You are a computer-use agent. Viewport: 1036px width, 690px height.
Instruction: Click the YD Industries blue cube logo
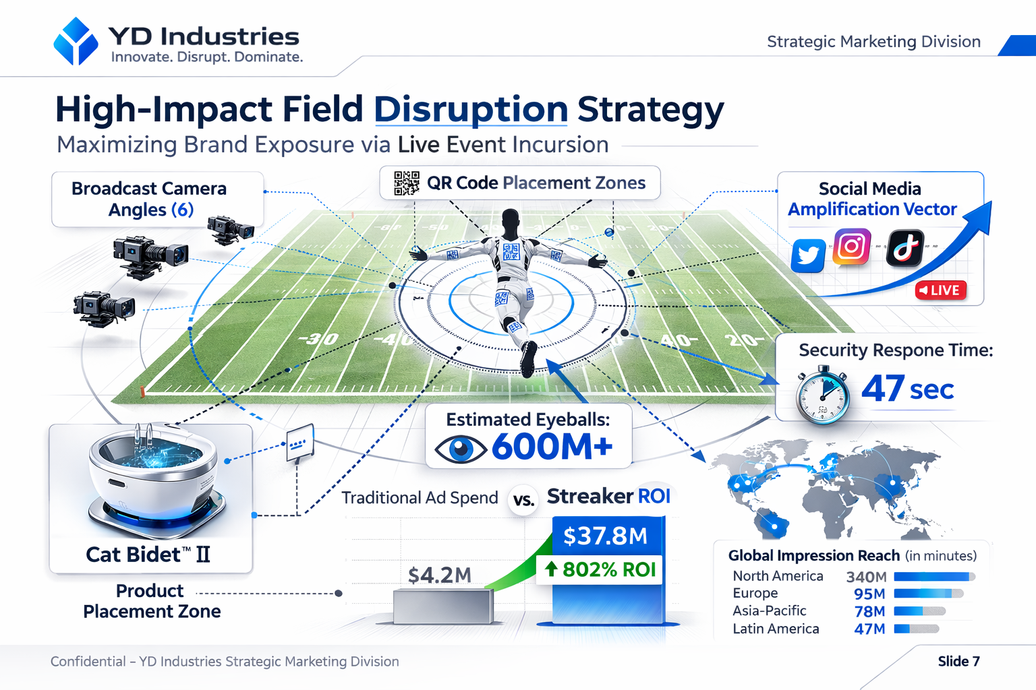click(76, 41)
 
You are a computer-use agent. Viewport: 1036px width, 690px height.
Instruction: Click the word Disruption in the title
click(471, 109)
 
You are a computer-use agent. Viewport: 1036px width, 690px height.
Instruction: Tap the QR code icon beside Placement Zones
click(406, 183)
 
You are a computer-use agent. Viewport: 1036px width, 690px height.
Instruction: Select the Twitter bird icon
click(808, 255)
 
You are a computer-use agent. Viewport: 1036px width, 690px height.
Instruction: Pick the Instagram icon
click(852, 247)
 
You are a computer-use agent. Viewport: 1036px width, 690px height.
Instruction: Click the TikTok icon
click(904, 247)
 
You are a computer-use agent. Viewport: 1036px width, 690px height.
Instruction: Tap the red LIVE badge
click(941, 290)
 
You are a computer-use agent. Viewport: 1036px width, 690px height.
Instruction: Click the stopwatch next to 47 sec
click(822, 396)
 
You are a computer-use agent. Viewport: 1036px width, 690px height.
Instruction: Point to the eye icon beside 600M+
click(460, 449)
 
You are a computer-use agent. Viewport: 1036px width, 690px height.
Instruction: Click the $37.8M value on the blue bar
click(605, 536)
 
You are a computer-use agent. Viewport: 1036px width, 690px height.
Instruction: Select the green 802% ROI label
click(600, 569)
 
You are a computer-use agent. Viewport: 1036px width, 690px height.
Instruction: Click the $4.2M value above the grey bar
click(440, 575)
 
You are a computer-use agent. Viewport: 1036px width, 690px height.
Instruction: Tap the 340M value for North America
click(866, 577)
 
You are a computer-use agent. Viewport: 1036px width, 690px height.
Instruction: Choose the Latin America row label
click(776, 629)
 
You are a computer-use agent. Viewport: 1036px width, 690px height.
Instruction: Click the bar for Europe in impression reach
click(928, 594)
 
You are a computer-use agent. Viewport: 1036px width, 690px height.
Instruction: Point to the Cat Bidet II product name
click(148, 555)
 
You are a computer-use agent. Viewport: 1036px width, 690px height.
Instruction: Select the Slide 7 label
click(958, 661)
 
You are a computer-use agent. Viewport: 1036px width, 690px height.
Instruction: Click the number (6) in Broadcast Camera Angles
click(182, 210)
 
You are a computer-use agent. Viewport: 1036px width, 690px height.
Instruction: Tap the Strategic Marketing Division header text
click(873, 42)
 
